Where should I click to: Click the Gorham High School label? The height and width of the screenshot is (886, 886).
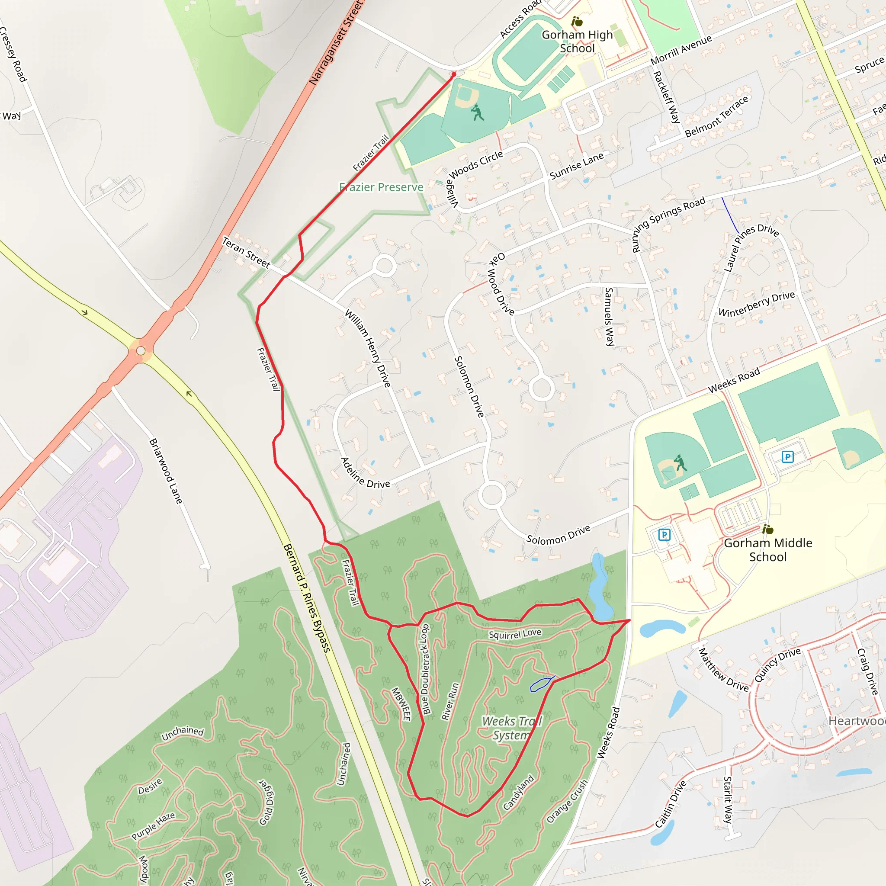coord(577,41)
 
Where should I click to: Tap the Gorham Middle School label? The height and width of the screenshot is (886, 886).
coord(768,550)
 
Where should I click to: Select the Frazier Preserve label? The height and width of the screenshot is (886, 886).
coord(381,187)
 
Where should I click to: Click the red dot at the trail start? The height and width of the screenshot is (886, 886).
coord(454,74)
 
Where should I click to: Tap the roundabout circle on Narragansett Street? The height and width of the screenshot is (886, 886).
coord(141,351)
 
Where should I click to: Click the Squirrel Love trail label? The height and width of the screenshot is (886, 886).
coord(515,634)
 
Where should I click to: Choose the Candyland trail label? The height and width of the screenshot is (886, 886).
coord(519,793)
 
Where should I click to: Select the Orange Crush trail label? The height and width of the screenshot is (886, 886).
coord(567,802)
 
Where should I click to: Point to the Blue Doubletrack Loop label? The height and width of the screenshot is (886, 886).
coord(425,669)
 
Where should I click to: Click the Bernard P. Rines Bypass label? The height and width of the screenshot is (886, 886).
coord(307,598)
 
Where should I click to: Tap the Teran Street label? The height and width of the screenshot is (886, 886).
coord(246,252)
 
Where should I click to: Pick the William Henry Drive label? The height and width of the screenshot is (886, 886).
coord(368,349)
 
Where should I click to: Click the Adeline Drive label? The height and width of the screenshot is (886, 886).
coord(365,473)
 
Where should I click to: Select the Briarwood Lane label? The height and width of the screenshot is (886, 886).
coord(166,471)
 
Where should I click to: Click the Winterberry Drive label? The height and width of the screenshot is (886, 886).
coord(757,304)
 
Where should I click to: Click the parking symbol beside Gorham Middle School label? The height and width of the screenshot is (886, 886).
coord(664,534)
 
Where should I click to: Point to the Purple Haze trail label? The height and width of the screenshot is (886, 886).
coord(153,826)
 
